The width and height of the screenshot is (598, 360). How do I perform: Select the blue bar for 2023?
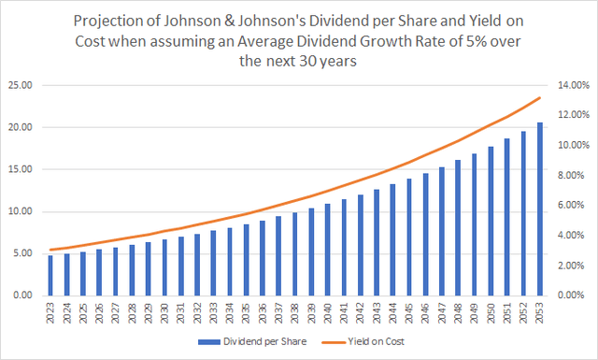point(50,275)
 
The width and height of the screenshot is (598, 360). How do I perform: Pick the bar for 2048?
point(457,227)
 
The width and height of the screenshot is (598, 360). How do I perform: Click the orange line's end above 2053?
point(538,98)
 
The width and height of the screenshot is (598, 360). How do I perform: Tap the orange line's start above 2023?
point(50,250)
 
